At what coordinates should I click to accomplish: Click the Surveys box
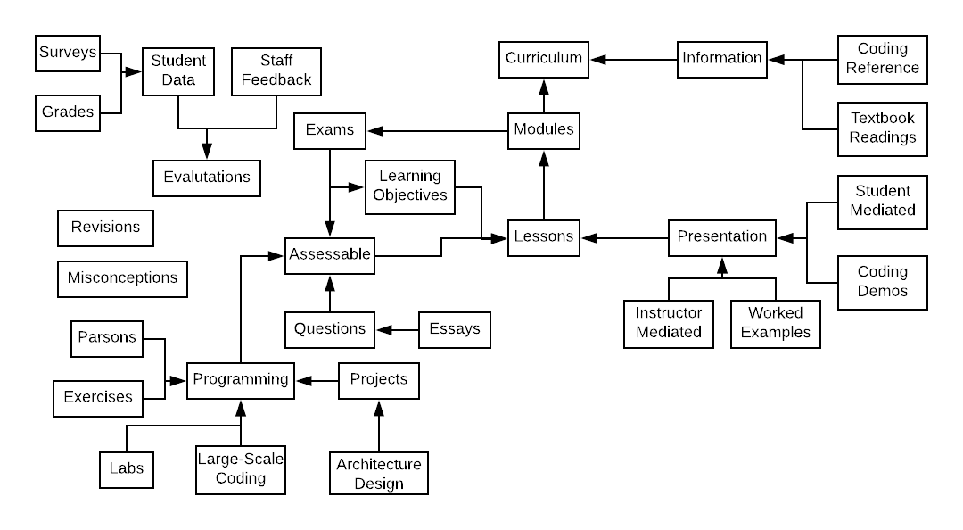68,54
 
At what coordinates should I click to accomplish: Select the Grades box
68,113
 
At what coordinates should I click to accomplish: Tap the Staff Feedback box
276,72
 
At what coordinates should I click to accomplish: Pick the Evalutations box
207,178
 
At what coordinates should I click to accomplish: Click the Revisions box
105,228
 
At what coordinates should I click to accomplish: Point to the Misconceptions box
122,279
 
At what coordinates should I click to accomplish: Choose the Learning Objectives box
410,187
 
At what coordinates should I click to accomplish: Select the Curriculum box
544,60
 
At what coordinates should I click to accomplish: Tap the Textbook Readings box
883,129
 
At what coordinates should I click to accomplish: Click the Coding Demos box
883,283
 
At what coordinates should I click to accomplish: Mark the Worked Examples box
776,324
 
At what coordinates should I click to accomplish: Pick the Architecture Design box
379,474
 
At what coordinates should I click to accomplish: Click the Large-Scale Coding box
241,469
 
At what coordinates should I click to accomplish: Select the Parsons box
107,339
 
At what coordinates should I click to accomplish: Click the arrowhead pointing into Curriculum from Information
597,60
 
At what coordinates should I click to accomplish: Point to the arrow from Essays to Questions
398,330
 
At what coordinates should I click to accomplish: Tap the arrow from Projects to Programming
317,381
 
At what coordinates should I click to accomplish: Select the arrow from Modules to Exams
437,131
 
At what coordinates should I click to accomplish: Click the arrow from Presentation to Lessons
624,238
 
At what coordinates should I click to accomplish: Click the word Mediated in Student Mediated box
883,211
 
